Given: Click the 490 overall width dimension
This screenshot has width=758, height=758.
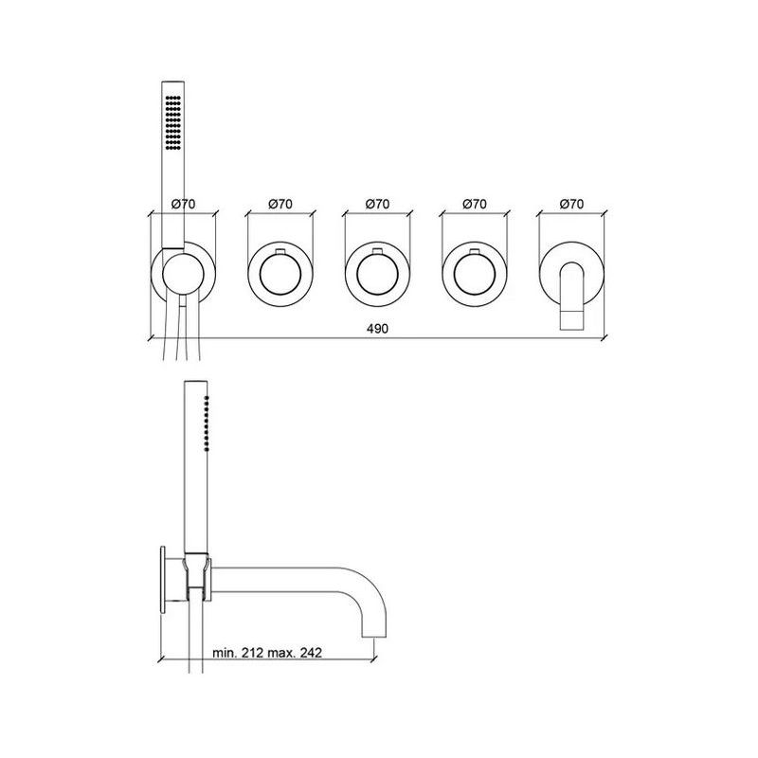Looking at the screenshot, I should coord(378,328).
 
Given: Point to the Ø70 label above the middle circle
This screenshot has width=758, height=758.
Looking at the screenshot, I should coord(377,204).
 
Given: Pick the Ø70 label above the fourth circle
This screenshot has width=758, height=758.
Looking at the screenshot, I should coord(474,204).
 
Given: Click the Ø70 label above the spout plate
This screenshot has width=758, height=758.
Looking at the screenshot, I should coord(572,204).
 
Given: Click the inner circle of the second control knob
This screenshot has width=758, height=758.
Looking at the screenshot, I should coord(280,276).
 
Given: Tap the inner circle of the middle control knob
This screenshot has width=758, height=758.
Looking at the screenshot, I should coord(377,276).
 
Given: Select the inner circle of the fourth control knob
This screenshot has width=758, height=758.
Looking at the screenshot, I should coord(474,276).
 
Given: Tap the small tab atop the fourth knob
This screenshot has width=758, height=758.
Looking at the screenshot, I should coord(474,252).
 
